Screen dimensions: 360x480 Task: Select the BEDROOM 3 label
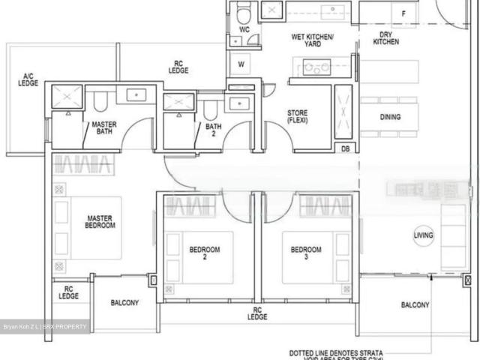pyautogui.click(x=306, y=253)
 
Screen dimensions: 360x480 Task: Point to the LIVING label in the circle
pyautogui.click(x=424, y=237)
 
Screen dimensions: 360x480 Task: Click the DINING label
pyautogui.click(x=389, y=117)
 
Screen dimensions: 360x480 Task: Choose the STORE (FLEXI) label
pyautogui.click(x=298, y=117)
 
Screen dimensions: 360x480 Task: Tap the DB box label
pyautogui.click(x=346, y=148)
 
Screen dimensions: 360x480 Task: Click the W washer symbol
pyautogui.click(x=241, y=64)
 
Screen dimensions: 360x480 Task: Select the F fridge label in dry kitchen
pyautogui.click(x=404, y=14)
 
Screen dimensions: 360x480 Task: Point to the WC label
pyautogui.click(x=244, y=30)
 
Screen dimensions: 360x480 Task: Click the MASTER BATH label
pyautogui.click(x=102, y=129)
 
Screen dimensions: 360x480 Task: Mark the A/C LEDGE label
pyautogui.click(x=28, y=79)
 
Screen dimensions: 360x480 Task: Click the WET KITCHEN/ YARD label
pyautogui.click(x=313, y=40)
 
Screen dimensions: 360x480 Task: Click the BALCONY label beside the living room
pyautogui.click(x=415, y=305)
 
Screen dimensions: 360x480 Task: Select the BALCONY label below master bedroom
pyautogui.click(x=124, y=303)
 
